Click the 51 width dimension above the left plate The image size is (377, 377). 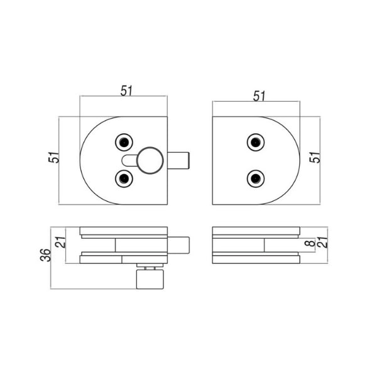126,90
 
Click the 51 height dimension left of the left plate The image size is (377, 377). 54,157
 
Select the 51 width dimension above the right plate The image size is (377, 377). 259,96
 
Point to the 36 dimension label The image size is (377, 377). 46,255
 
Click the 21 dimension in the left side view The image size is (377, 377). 60,243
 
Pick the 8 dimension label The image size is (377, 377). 310,243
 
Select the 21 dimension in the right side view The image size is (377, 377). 322,243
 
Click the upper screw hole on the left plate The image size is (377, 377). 124,143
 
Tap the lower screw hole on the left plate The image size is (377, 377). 124,178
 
